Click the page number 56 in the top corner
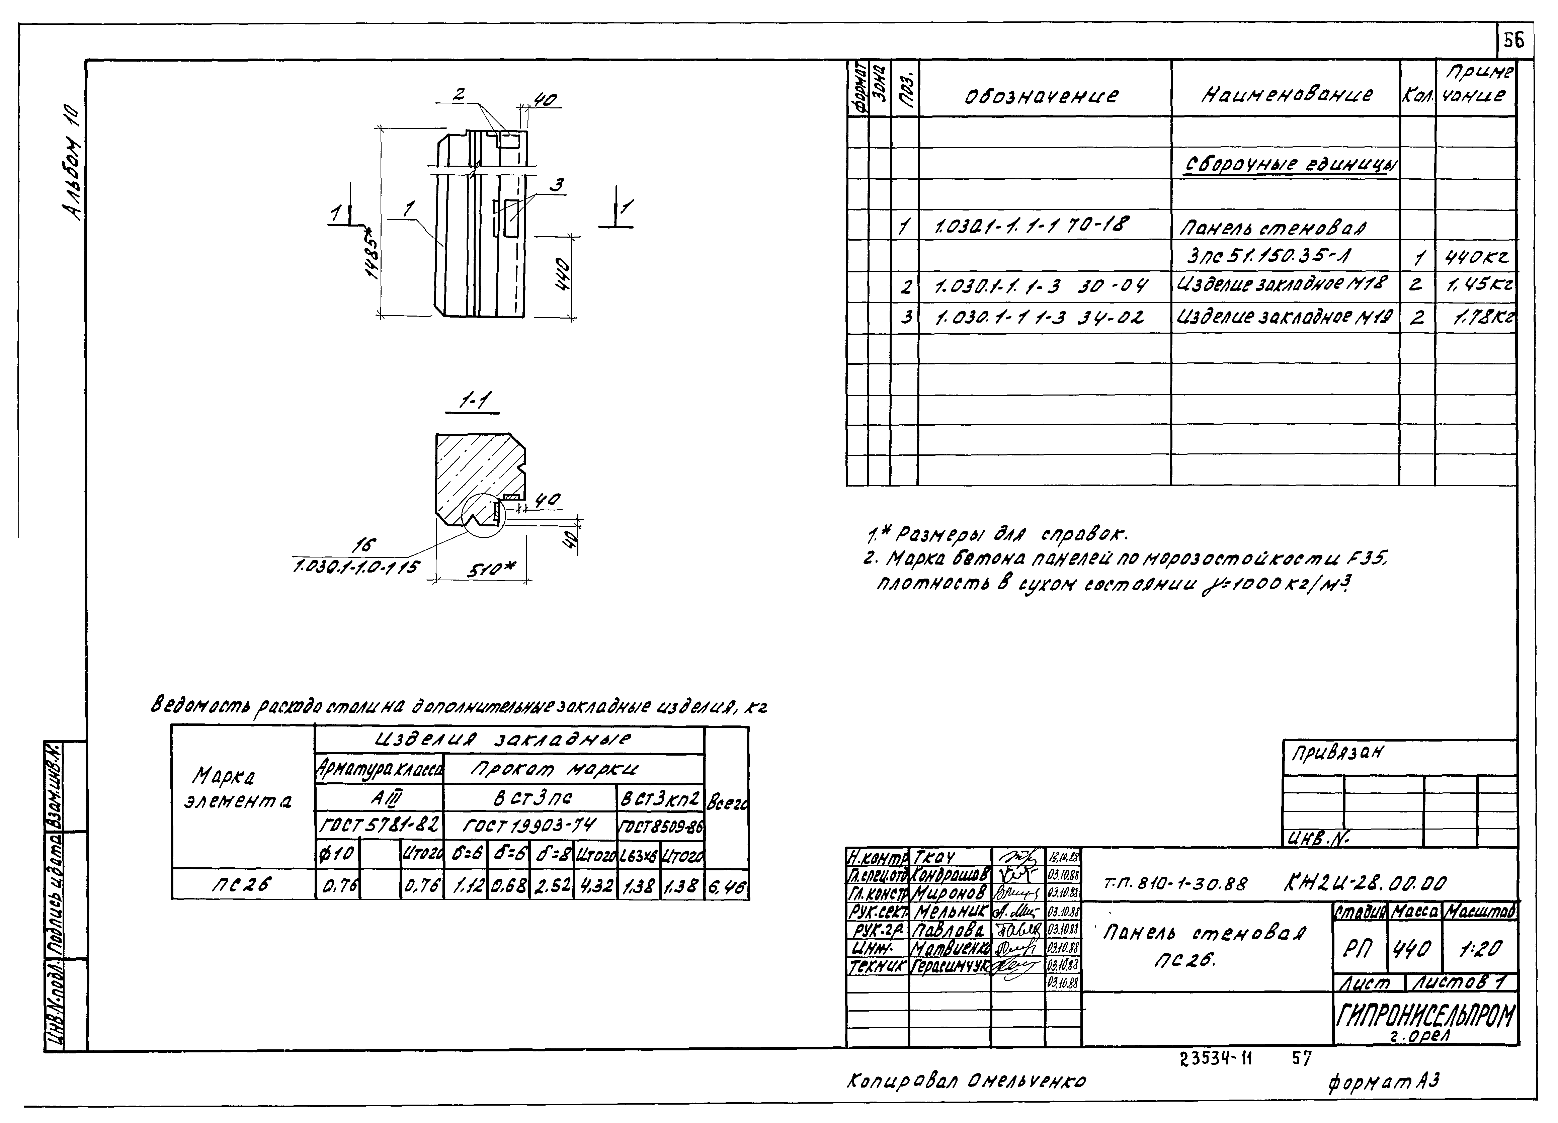1513,41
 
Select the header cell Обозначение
1042,95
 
